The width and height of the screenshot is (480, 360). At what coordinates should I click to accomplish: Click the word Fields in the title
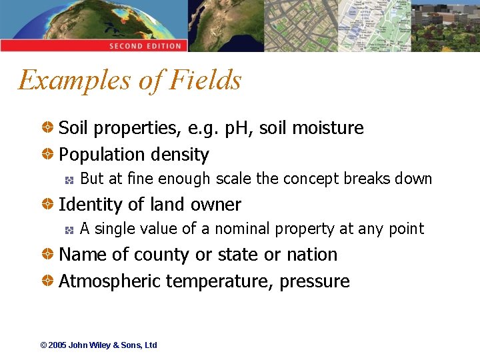point(205,80)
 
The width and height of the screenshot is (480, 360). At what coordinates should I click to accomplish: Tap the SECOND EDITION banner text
point(145,46)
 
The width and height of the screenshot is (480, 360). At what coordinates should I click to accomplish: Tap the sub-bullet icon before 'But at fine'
point(69,179)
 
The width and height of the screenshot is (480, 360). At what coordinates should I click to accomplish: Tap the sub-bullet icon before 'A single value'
point(69,229)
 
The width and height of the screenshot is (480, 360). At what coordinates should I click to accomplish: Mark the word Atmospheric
point(109,281)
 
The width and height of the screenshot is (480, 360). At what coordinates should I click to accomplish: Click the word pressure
point(315,281)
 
